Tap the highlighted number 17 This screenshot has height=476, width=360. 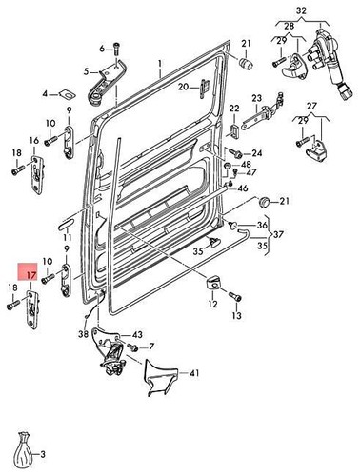tap(30, 276)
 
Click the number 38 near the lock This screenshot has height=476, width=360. tap(84, 335)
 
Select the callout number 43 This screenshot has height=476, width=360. tap(137, 335)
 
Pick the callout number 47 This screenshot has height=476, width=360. tap(250, 172)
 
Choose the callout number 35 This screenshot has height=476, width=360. tap(198, 253)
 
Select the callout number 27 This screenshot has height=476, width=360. tap(311, 106)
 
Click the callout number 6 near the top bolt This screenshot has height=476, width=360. tap(101, 47)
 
